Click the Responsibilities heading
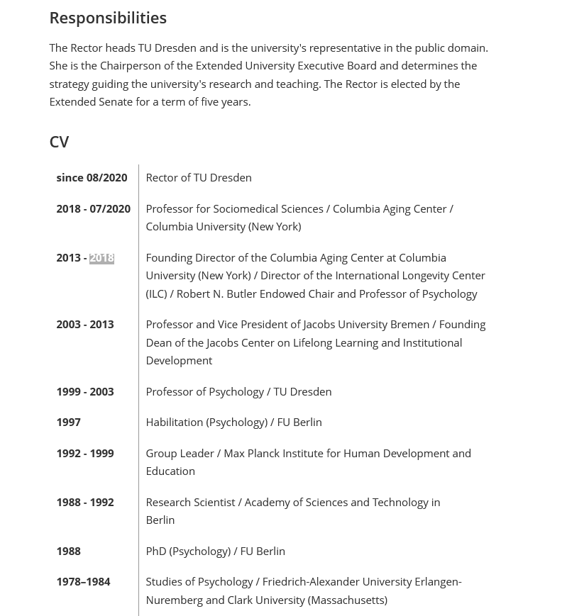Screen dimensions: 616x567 tap(108, 18)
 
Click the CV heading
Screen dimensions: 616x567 tap(59, 142)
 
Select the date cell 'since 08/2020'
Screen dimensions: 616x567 tap(92, 178)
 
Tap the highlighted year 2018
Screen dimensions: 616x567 tap(101, 258)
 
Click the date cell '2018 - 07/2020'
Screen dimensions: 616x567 tap(93, 209)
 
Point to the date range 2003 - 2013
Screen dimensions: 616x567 tap(84, 325)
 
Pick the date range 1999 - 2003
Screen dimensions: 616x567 tap(84, 392)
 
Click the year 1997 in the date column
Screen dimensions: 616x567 tap(68, 422)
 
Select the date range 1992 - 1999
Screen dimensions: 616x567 tap(84, 454)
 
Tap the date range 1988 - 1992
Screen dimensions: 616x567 tap(84, 503)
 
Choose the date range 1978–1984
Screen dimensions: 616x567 tap(83, 582)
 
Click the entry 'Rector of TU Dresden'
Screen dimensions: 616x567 tap(199, 178)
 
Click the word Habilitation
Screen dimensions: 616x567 tap(174, 422)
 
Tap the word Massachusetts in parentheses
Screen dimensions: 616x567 tap(347, 600)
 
